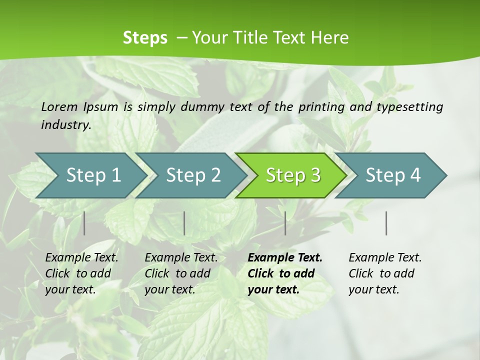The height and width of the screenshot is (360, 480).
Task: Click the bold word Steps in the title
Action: pyautogui.click(x=145, y=38)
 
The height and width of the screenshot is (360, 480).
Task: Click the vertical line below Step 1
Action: pyautogui.click(x=84, y=223)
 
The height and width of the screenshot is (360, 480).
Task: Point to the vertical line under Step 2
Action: pyautogui.click(x=184, y=223)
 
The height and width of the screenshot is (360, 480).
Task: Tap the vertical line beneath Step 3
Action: pyautogui.click(x=285, y=223)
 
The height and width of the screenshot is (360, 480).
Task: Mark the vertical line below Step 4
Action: pyautogui.click(x=386, y=223)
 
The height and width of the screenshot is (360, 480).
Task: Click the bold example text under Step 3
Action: pyautogui.click(x=284, y=273)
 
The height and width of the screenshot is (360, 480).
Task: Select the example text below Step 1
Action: pyautogui.click(x=81, y=273)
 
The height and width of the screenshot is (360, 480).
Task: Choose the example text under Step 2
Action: pyautogui.click(x=181, y=273)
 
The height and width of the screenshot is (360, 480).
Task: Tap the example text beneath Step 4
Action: pyautogui.click(x=385, y=273)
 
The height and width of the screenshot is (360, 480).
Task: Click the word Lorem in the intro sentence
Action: pyautogui.click(x=59, y=107)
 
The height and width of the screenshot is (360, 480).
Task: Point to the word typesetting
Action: pyautogui.click(x=411, y=107)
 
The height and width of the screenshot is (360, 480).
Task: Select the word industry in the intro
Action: pyautogui.click(x=65, y=125)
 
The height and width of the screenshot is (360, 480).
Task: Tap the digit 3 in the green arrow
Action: pyautogui.click(x=315, y=175)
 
